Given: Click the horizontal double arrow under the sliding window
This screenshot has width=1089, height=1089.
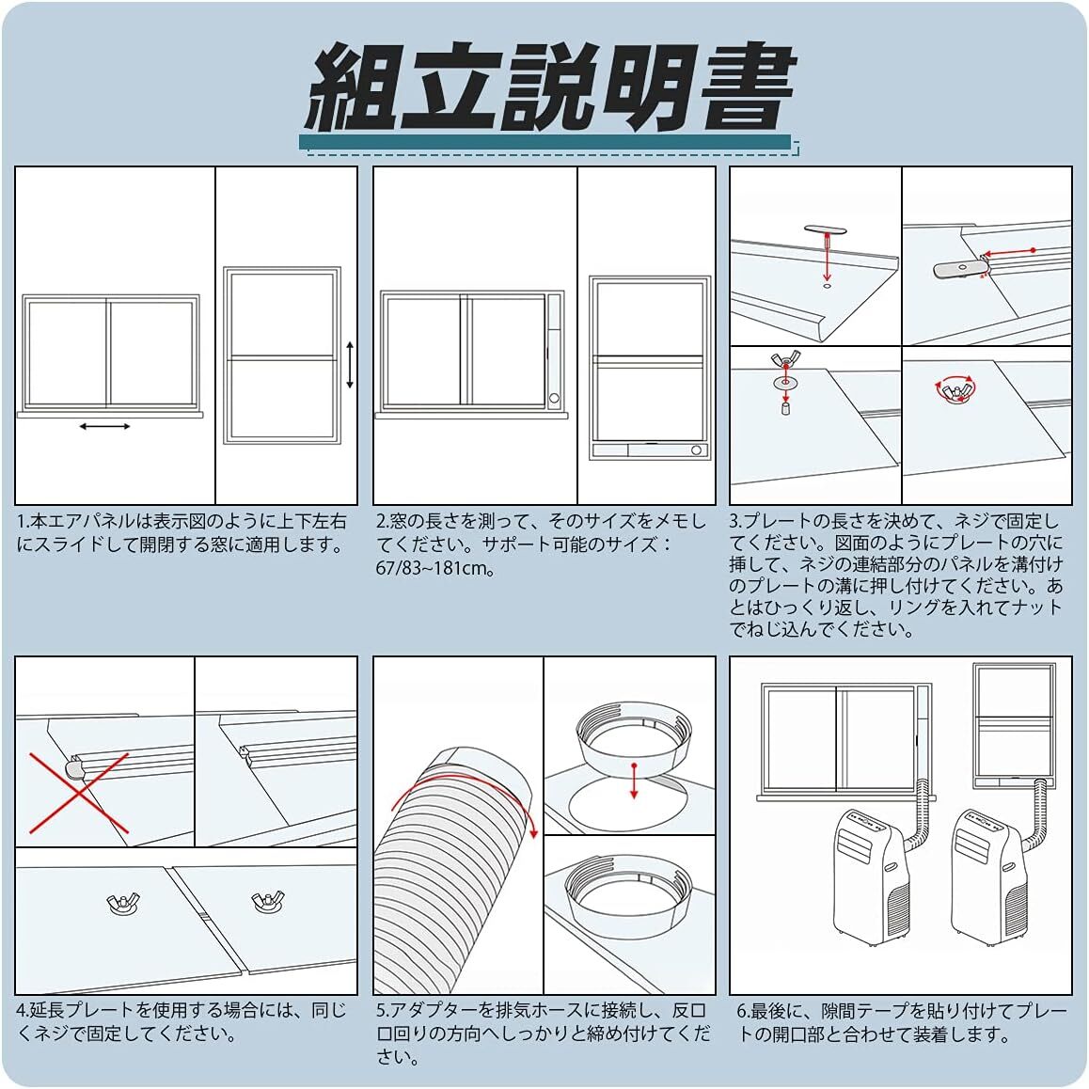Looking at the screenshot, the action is tap(105, 426).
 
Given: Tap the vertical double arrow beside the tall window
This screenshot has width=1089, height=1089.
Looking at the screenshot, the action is tap(350, 365).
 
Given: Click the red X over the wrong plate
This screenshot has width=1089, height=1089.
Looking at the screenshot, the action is tap(79, 793).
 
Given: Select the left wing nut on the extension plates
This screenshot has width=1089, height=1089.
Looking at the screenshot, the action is tap(123, 903).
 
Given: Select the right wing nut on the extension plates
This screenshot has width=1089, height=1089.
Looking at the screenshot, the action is tap(267, 901).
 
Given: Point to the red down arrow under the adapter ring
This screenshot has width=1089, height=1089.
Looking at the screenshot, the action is tap(634, 781).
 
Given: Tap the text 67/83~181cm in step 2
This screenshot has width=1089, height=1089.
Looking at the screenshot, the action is tap(435, 568).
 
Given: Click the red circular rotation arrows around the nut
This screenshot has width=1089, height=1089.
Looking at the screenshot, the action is tap(955, 390).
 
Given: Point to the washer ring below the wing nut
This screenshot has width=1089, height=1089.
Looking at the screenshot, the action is tap(785, 381).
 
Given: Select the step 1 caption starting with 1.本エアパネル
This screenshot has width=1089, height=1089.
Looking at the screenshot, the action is tap(181, 532).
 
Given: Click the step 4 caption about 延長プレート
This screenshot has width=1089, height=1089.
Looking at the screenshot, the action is tap(181, 1021).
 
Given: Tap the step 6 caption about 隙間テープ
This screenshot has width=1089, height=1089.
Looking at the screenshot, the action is tap(902, 1022).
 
